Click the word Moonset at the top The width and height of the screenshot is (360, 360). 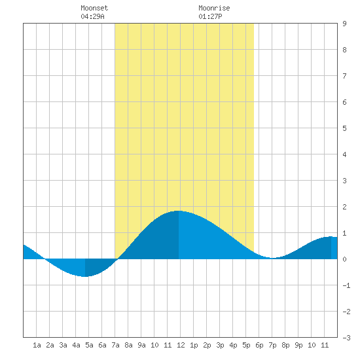point(94,8)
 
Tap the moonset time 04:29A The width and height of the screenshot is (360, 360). point(92,16)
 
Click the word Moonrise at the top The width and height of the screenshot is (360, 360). point(214,8)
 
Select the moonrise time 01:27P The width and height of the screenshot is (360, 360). point(210,16)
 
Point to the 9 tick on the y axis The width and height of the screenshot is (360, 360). point(344,24)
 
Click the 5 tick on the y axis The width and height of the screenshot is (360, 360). point(344,128)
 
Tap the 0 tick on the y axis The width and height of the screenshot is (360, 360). point(344,259)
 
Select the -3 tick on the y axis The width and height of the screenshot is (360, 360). point(346,338)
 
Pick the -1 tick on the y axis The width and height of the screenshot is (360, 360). point(346,285)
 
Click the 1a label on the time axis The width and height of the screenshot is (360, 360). point(37,345)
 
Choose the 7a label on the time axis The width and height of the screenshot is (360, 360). point(115,345)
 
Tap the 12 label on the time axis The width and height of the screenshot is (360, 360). point(181,345)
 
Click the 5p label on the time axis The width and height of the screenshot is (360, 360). point(246,345)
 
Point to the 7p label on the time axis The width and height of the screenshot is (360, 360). point(272,345)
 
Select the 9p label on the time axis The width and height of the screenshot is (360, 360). point(298,345)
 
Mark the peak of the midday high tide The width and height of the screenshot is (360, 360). point(179,211)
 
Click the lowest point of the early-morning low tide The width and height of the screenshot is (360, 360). point(85,277)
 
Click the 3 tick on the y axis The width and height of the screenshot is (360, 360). point(344,181)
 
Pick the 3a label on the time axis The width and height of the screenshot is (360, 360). point(63,345)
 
